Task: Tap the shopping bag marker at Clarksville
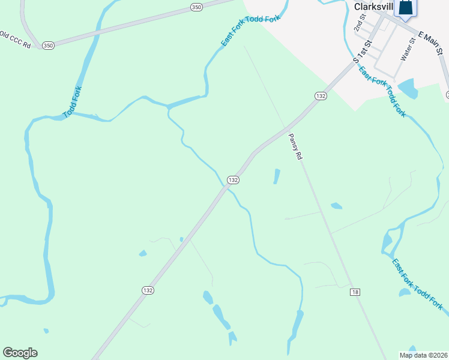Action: click(x=406, y=8)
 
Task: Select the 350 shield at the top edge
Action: click(x=197, y=7)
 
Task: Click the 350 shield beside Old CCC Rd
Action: click(x=49, y=45)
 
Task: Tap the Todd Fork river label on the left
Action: click(x=73, y=101)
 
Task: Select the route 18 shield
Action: click(x=355, y=292)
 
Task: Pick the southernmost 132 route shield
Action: click(x=148, y=290)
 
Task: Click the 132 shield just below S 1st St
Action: click(x=321, y=96)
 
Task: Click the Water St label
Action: click(x=408, y=49)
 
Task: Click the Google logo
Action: click(x=20, y=353)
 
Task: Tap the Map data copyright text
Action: click(x=423, y=355)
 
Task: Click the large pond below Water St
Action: click(x=408, y=88)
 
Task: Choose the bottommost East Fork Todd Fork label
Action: click(x=417, y=284)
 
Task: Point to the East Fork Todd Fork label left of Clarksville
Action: click(x=250, y=31)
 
